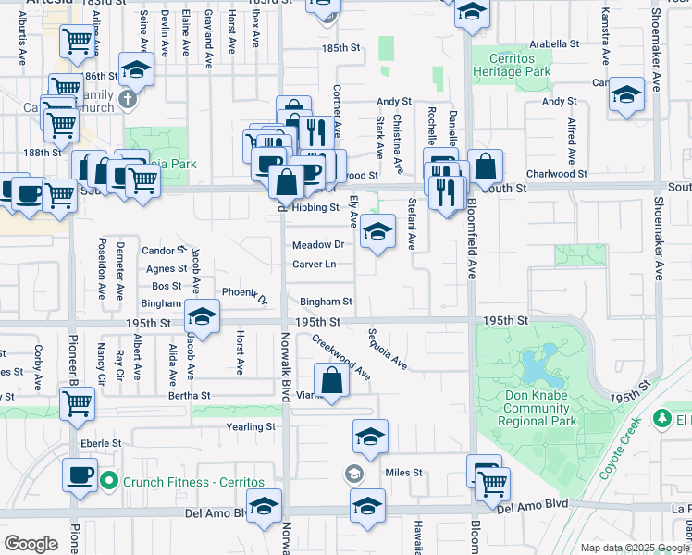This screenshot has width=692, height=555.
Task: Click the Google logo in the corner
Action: (x=31, y=544)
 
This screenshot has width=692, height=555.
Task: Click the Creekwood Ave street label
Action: (x=340, y=357)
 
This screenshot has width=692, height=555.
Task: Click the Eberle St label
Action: (x=101, y=443)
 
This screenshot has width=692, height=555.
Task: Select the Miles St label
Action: (x=403, y=473)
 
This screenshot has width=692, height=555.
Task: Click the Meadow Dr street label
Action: (x=318, y=245)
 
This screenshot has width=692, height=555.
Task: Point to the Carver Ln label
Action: (x=314, y=265)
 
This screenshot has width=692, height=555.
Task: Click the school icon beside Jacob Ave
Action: (x=201, y=315)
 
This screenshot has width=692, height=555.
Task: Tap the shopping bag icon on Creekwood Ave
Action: (x=330, y=380)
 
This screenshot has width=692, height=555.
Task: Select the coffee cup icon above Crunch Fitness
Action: (x=79, y=475)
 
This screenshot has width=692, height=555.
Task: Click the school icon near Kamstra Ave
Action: (x=626, y=95)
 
